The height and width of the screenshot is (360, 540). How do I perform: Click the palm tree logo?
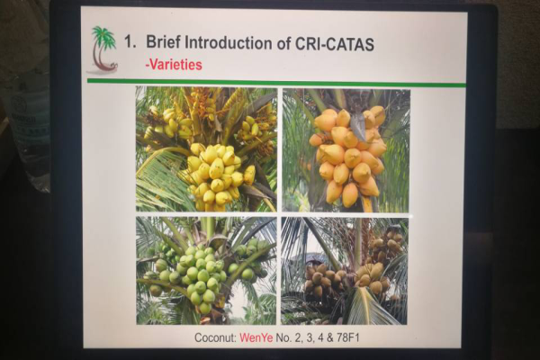coord(103,49)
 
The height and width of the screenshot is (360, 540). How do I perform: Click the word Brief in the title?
coord(164,42)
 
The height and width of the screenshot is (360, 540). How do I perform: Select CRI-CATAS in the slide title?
coord(335,44)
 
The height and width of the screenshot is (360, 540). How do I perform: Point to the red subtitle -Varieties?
coord(174,65)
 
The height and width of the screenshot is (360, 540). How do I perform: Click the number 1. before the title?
coord(130,42)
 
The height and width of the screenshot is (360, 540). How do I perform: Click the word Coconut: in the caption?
coord(216,337)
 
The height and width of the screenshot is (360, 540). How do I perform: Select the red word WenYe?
coord(256,337)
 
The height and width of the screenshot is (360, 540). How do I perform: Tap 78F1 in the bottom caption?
coord(347,337)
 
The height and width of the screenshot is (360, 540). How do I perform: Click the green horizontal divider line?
coord(276,83)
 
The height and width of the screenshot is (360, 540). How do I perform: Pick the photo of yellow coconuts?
coord(206,149)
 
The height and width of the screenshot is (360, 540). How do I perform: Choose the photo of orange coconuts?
coord(346,150)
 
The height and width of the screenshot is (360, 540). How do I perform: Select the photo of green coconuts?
coord(206,270)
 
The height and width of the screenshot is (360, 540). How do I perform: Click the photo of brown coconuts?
coord(344,271)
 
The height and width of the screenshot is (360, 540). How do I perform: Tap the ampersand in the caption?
coord(330,337)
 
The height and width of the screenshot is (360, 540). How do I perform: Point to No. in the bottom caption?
coord(283,337)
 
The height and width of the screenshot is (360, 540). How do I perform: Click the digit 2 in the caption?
coord(298,337)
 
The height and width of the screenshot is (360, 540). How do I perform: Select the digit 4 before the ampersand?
coord(320,337)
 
